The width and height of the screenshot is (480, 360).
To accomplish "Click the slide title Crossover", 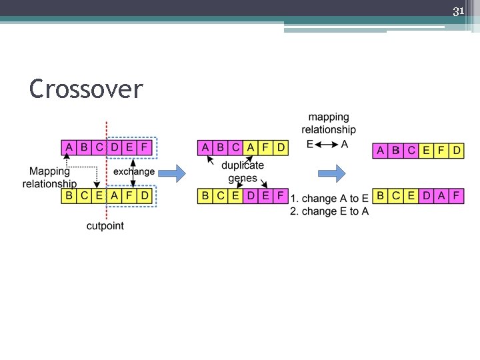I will point(86,89).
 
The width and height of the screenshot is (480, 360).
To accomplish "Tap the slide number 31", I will point(458,11).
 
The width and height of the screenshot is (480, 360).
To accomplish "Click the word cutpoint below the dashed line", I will point(105,226).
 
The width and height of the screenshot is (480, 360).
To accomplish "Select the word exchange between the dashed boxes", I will point(133,171).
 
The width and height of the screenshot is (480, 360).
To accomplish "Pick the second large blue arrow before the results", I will point(331,174).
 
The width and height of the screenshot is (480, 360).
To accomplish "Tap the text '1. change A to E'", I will point(329,199).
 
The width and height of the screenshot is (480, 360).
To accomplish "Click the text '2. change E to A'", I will point(329,211).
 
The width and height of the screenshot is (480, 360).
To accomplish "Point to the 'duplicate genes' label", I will point(243,171).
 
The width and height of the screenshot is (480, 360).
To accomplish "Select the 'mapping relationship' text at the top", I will point(328,123).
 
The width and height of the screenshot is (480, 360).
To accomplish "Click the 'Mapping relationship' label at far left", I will point(49,177).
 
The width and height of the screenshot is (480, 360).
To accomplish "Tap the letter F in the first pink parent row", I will point(143,147).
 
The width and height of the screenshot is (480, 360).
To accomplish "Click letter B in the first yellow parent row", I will point(69,196).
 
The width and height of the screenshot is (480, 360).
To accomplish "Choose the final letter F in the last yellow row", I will point(456,196).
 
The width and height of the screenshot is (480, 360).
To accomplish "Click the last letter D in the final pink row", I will point(456,151).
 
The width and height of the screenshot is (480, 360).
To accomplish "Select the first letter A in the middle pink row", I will point(204,147).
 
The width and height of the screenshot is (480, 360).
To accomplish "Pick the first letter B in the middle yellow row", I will point(205,196).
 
